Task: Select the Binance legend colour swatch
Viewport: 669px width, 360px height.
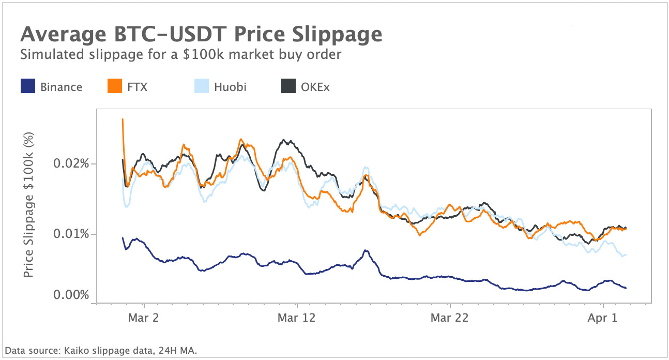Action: click(x=27, y=86)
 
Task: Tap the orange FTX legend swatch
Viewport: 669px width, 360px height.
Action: click(x=114, y=86)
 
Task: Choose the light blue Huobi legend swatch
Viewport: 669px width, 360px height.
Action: click(x=201, y=86)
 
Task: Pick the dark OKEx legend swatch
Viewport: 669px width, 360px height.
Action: click(x=288, y=86)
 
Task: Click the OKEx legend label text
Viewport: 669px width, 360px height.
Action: click(x=315, y=87)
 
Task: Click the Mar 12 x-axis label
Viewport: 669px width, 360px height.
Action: click(x=296, y=318)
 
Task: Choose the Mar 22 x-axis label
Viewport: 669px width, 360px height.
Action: click(x=450, y=318)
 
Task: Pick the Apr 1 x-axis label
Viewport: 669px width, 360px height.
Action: click(x=603, y=318)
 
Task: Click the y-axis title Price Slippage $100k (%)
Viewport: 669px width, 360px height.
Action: click(x=29, y=204)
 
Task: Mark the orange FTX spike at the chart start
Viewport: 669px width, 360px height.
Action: click(x=123, y=120)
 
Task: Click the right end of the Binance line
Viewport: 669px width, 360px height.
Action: click(x=626, y=288)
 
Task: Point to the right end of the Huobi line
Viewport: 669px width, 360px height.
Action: click(x=626, y=254)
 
